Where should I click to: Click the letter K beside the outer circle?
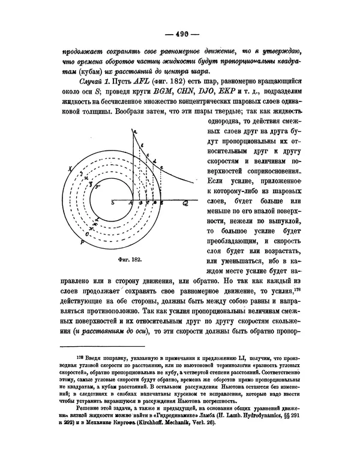coord(71,170)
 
